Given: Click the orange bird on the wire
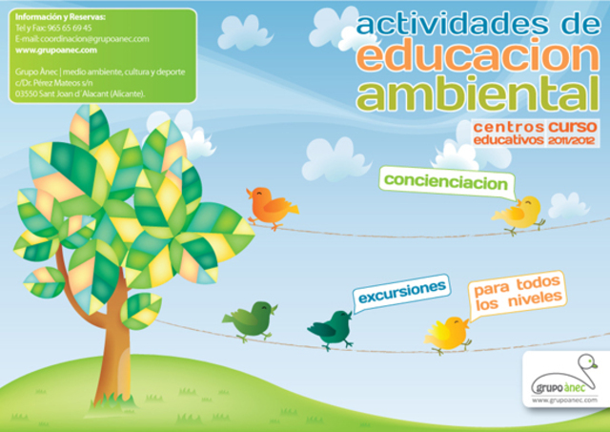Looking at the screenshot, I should pos(270,205).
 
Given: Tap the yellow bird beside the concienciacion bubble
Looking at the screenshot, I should pos(520,214).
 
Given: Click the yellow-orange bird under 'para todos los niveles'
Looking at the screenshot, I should pos(447,333).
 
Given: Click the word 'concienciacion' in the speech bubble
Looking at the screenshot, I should pos(445,180).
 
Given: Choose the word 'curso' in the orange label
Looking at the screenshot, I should pos(572,126).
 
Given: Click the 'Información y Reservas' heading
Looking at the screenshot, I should pos(61,17).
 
